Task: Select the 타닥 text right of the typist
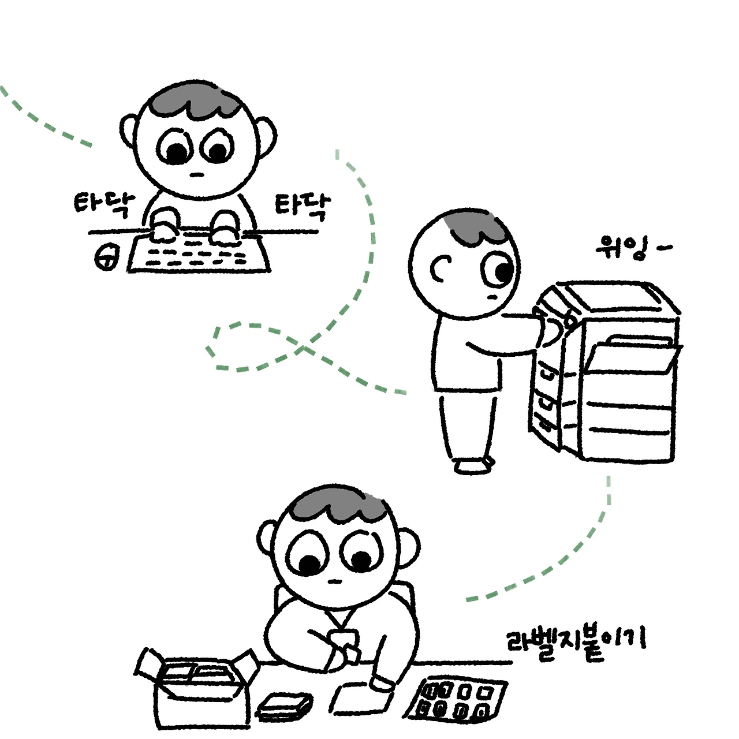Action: tap(300, 207)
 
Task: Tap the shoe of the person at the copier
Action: tap(474, 465)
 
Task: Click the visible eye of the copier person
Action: tap(499, 270)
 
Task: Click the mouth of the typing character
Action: tap(197, 174)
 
